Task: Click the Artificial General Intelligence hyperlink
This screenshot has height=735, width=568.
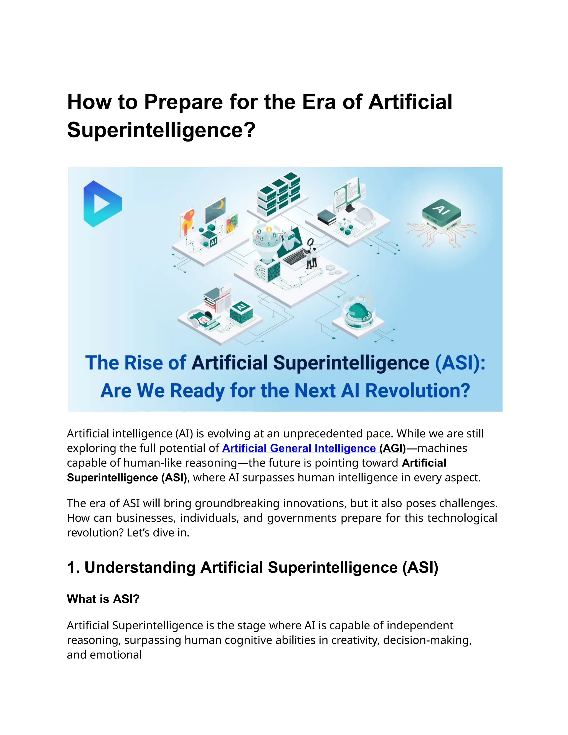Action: click(299, 448)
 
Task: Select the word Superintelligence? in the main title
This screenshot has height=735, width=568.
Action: click(161, 130)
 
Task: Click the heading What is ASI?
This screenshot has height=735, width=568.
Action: click(103, 599)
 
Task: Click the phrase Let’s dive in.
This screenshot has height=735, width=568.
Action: click(158, 533)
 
